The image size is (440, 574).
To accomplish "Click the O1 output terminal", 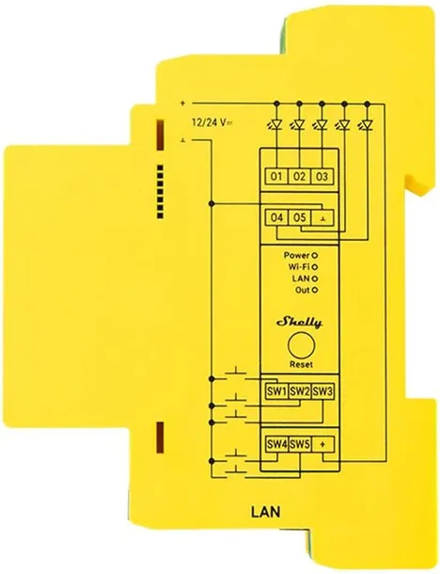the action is coord(276,177).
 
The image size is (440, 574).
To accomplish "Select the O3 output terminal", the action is coord(322,177).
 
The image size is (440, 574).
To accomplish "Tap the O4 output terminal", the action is coord(276,217).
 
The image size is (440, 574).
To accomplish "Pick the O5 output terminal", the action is coord(300,217).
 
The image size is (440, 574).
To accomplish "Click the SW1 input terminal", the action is coord(276,392).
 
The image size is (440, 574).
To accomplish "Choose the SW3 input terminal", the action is coord(322,392).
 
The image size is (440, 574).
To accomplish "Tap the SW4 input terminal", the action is coord(276,444).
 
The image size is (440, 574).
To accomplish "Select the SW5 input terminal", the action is coord(300,444).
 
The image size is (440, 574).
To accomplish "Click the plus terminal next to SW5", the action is coord(322,444).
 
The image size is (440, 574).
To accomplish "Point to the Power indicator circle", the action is coord(314,255).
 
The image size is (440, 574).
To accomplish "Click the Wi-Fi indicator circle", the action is coord(314,267).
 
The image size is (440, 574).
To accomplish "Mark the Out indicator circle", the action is coord(314,291).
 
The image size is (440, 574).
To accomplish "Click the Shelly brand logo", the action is coord(299,322).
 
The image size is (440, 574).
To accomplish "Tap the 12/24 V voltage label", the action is coord(212,122).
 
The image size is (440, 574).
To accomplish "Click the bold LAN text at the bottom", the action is coord(266,511).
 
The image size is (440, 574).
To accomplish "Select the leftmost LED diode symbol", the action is coord(275,125).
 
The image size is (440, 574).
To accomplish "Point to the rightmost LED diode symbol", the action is coord(366,125).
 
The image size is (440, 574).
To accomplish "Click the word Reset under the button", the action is coord(302,364).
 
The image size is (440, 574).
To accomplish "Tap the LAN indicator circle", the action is coord(314,279).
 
